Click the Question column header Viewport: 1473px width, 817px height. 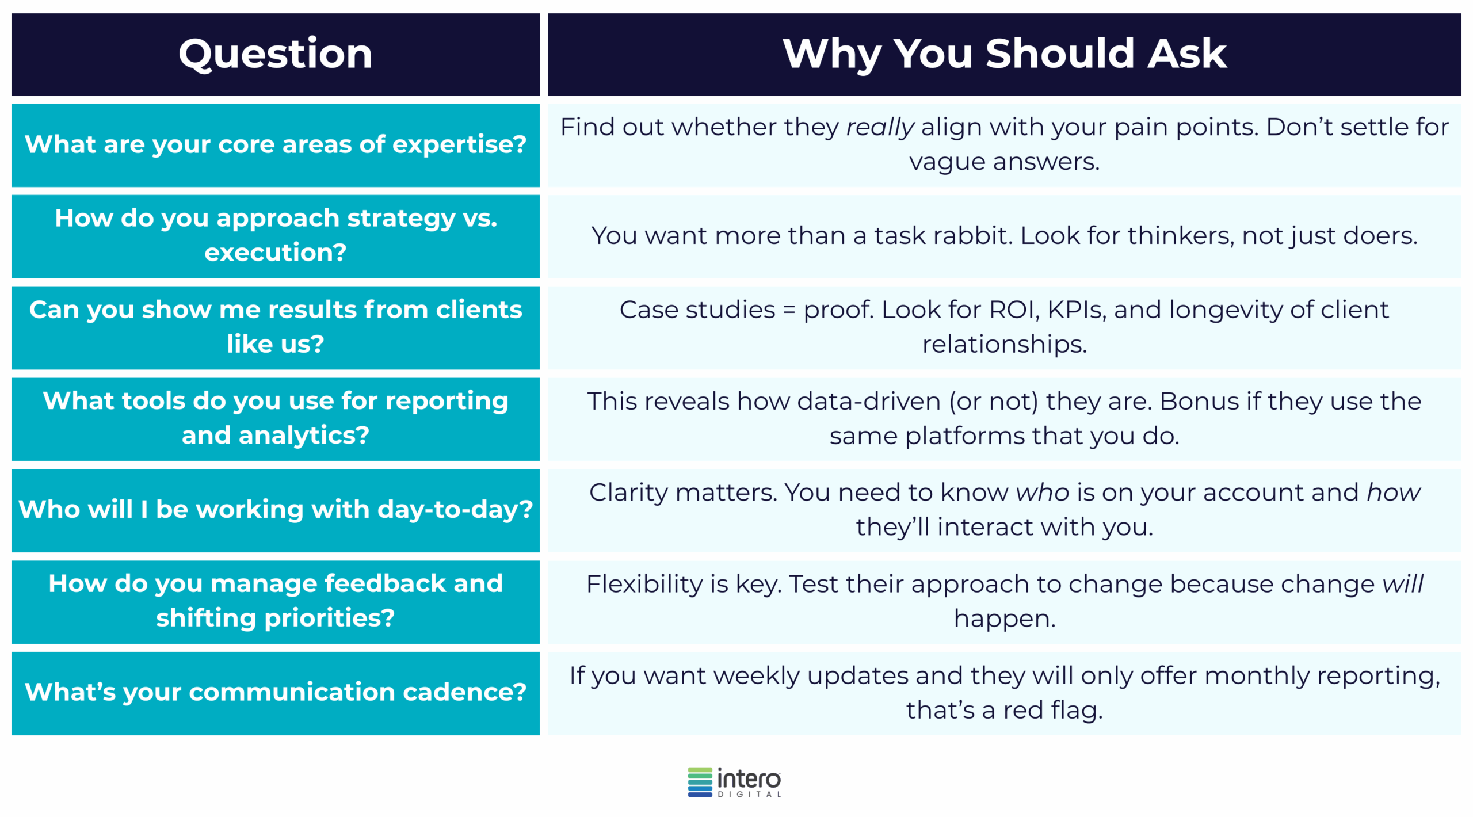click(275, 54)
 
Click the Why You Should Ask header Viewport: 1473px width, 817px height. click(1004, 54)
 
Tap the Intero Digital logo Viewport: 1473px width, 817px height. click(734, 782)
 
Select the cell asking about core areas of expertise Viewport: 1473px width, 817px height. click(275, 144)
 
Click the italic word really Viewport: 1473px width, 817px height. click(879, 128)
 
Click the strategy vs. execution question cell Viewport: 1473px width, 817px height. click(275, 236)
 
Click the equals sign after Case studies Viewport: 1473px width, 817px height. click(789, 311)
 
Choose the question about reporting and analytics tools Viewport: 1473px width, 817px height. click(275, 418)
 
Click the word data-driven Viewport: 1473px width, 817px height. click(868, 402)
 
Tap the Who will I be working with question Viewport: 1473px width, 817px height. click(275, 510)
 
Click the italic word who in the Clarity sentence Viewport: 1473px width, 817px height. click(1042, 493)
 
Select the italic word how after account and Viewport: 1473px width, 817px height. click(1393, 493)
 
